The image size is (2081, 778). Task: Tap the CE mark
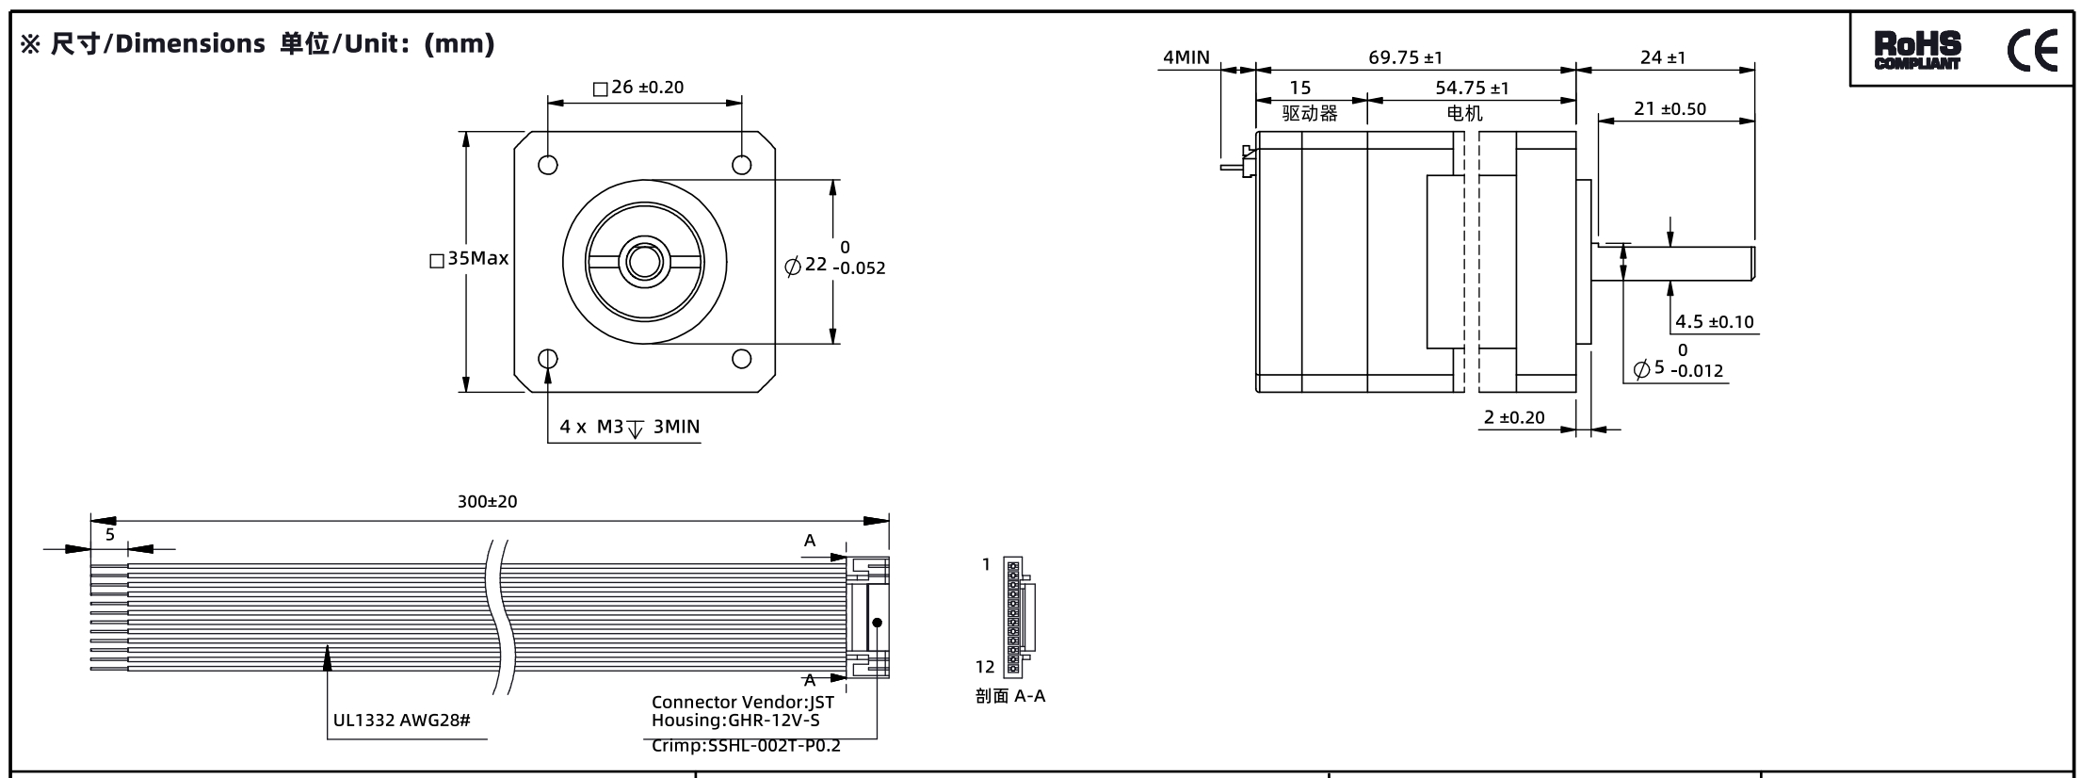click(x=2033, y=51)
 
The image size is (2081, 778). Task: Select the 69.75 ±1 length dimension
click(x=1405, y=57)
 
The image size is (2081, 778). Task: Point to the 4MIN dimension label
click(x=1186, y=57)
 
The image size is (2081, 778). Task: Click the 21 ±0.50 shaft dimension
click(x=1670, y=108)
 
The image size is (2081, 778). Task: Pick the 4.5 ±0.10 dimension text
click(x=1715, y=322)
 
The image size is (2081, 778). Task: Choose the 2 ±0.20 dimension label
click(x=1514, y=417)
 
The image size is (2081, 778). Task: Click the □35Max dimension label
click(x=469, y=258)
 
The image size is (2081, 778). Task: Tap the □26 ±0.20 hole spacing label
click(x=638, y=88)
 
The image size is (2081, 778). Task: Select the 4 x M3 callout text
click(x=591, y=427)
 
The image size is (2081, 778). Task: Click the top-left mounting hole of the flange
click(x=548, y=165)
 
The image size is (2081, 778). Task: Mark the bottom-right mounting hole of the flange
click(x=742, y=359)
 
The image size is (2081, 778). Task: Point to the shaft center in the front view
click(x=645, y=261)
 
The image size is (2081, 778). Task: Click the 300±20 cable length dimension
click(x=488, y=502)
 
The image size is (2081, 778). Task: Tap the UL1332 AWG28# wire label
click(x=402, y=721)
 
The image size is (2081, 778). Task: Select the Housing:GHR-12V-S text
click(x=735, y=721)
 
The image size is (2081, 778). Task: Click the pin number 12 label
click(x=985, y=667)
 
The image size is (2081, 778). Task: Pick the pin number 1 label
click(x=987, y=565)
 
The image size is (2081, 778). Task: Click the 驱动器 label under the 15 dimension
click(x=1310, y=114)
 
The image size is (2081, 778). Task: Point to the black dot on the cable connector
click(x=877, y=623)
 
